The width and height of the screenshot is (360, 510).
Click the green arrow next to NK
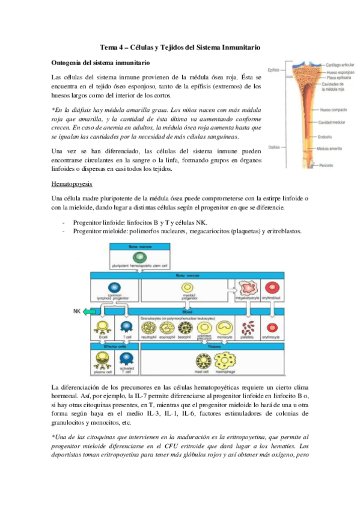tap(90, 312)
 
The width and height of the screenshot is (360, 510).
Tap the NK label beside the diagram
tap(76, 312)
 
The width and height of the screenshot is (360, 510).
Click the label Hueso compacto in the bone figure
tap(334, 111)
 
